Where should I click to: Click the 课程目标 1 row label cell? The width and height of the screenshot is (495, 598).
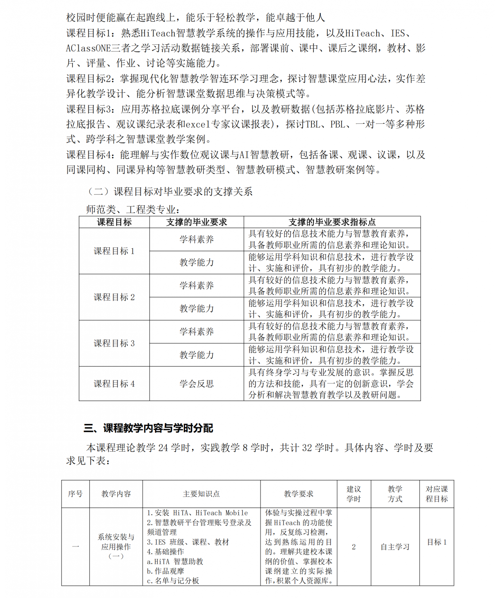[x=114, y=251]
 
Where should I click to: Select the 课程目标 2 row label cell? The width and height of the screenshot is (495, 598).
[x=114, y=297]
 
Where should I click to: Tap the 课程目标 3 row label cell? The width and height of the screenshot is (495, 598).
[x=114, y=343]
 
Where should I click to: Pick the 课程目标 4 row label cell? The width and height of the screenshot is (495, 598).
[x=114, y=384]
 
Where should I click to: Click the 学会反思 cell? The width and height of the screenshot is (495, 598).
[x=196, y=384]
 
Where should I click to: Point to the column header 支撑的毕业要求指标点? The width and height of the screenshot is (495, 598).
[x=332, y=222]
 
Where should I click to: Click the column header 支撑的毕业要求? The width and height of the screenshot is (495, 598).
[x=196, y=222]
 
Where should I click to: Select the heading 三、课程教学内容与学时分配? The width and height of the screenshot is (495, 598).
[x=148, y=428]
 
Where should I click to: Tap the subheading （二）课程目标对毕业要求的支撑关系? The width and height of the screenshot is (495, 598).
[x=170, y=192]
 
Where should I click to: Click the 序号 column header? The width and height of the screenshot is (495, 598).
[x=75, y=494]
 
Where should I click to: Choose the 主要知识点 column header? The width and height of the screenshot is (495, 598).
[x=201, y=494]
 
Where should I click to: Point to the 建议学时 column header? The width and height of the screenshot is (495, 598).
[x=354, y=494]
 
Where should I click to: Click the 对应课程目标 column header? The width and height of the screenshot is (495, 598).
[x=437, y=494]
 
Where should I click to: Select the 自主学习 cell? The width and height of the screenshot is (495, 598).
[x=395, y=547]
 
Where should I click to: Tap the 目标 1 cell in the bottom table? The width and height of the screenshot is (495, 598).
[x=437, y=542]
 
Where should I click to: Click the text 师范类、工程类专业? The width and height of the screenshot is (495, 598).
[x=132, y=210]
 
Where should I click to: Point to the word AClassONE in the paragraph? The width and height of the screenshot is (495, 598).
[x=88, y=48]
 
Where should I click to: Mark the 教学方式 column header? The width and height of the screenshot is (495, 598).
[x=395, y=494]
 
